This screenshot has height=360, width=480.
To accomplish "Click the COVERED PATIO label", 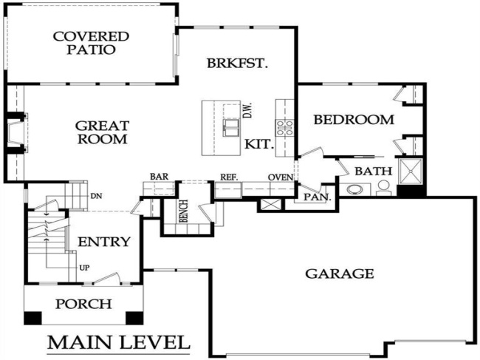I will click(x=91, y=43).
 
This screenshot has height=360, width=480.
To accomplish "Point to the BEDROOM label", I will click(x=354, y=119).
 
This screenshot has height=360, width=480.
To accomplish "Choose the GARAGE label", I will click(x=340, y=274).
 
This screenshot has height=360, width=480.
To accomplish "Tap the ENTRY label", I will click(x=104, y=242).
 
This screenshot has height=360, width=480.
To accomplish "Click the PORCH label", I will click(x=83, y=304).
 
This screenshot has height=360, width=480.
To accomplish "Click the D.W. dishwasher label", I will click(x=248, y=112).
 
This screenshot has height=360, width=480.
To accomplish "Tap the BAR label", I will click(x=159, y=177).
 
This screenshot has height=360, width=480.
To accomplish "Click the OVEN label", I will click(x=281, y=177).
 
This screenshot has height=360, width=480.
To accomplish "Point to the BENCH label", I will click(x=182, y=211).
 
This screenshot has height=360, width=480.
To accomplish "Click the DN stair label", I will click(x=95, y=196).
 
